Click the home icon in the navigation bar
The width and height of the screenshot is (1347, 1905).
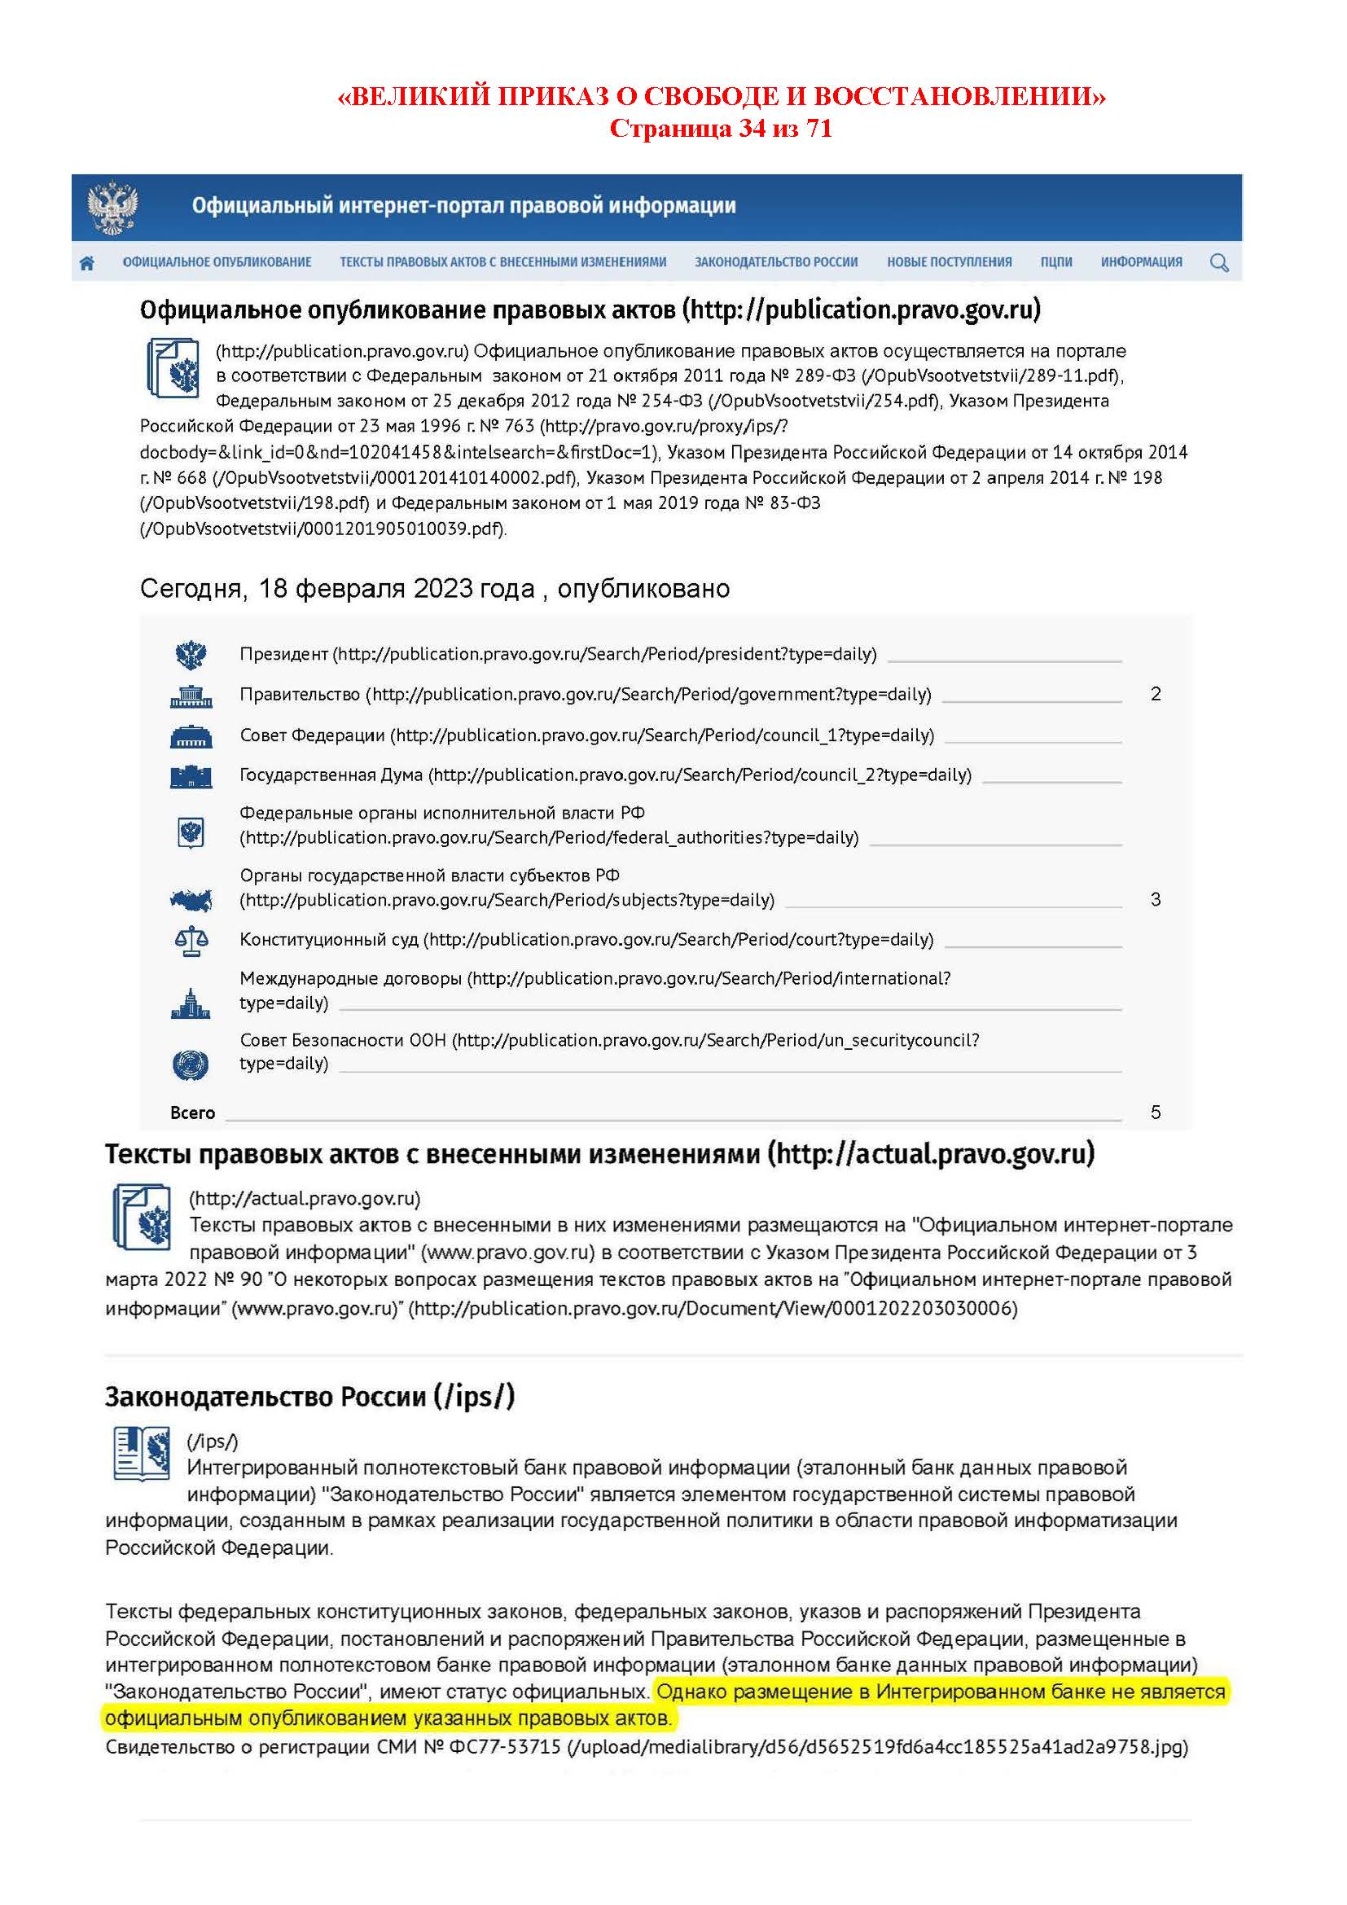point(86,263)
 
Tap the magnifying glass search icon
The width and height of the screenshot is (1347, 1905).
point(1218,263)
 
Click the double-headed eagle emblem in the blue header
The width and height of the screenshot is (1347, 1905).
point(113,208)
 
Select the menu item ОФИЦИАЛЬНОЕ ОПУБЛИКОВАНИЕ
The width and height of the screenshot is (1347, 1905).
point(217,262)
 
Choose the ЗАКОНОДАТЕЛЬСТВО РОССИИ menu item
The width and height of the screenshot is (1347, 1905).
point(775,262)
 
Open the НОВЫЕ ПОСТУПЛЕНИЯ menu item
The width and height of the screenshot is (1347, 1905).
point(949,262)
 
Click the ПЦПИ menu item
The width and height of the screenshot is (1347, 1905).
point(1056,262)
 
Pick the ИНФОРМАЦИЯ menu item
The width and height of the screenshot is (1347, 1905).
point(1141,262)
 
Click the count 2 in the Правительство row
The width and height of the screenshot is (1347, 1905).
point(1156,694)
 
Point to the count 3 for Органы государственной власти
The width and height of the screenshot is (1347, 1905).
point(1156,899)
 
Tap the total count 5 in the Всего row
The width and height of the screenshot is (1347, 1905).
point(1156,1112)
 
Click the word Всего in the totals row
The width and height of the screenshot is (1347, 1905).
point(192,1113)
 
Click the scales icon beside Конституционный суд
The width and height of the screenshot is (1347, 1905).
point(191,941)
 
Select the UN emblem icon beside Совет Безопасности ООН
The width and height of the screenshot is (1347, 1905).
point(191,1064)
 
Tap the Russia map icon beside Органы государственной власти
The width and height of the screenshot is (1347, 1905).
point(191,899)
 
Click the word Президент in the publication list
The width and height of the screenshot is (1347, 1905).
point(283,654)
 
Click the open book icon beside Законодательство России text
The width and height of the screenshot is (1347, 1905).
point(141,1454)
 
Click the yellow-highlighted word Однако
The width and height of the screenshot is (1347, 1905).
point(691,1691)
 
